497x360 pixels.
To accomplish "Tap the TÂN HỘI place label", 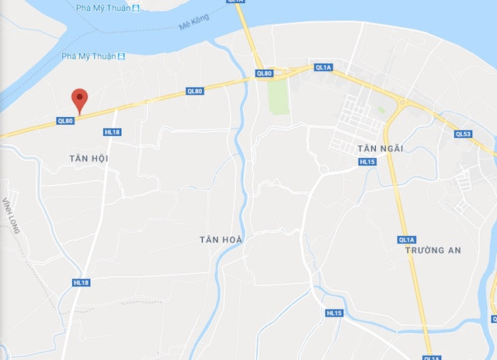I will tap(88, 158).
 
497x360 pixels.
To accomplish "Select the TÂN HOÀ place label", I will tap(221, 240).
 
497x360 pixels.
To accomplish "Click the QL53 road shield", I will tap(463, 134).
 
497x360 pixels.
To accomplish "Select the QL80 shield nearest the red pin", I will tap(65, 120).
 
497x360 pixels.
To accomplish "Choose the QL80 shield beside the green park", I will tap(264, 74).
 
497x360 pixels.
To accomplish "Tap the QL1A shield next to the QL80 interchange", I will tap(323, 67).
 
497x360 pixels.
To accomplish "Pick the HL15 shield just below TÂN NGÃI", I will tap(367, 161).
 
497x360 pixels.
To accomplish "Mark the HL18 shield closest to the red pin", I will tap(112, 132).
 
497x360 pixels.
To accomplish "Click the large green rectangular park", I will tap(277, 96).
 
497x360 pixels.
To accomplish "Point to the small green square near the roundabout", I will tap(381, 110).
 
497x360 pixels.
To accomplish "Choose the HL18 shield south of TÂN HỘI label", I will tap(82, 282).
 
